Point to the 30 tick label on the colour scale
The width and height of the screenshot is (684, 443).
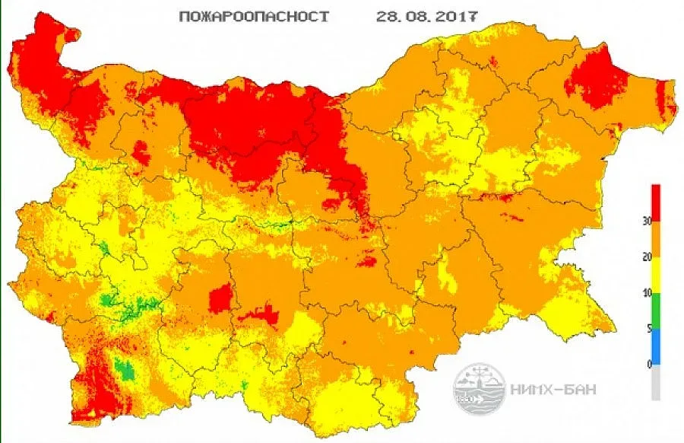point(645,221)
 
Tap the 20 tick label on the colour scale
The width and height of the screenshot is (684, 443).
point(645,257)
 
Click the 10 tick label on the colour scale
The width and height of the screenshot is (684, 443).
point(645,293)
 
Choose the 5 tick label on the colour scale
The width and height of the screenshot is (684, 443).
point(647,329)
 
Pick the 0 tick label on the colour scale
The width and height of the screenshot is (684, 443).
point(647,365)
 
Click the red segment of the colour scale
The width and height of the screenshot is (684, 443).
point(656,202)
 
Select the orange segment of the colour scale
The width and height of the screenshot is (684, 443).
point(656,239)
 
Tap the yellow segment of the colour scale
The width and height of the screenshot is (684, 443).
point(656,275)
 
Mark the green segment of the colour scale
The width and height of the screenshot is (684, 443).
point(656,311)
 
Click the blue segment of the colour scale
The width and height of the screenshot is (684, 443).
point(656,346)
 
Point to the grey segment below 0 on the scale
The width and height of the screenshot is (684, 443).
point(656,382)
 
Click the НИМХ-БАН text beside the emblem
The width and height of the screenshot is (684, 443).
point(553,390)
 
